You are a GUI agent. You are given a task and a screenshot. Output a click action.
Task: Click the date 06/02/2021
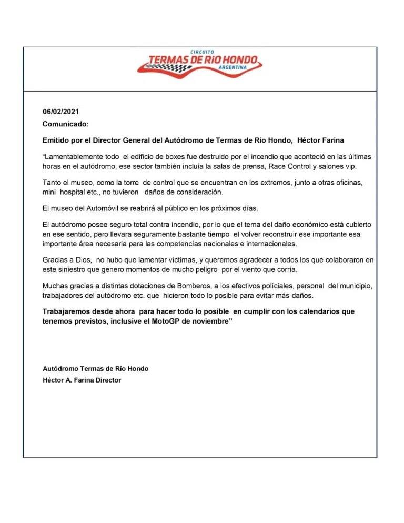pos(60,112)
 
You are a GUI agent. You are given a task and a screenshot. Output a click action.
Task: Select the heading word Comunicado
pos(65,124)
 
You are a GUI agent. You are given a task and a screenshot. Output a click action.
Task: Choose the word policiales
pos(255,285)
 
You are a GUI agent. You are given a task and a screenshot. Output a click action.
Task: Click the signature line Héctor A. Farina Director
pos(82,380)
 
